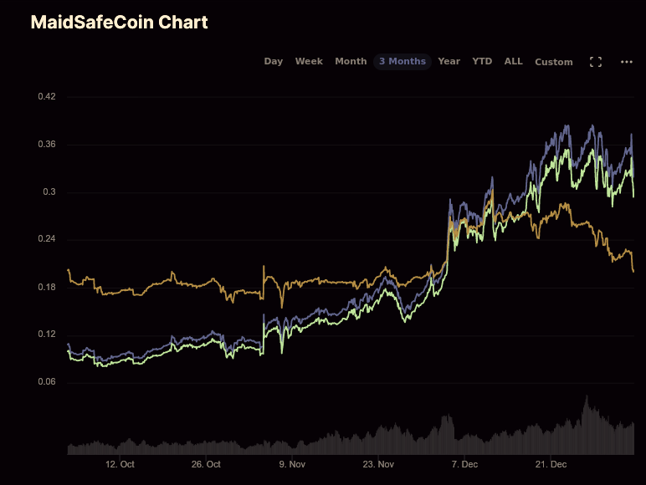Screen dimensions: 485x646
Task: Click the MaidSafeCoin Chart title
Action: coord(119,23)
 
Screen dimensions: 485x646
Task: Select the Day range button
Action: coord(274,61)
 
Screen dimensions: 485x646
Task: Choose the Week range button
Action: coord(309,61)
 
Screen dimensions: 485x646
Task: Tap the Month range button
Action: coord(351,61)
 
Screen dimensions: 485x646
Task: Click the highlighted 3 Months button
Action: coord(402,61)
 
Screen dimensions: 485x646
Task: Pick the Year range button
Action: coord(449,61)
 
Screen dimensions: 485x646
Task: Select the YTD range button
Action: coord(482,61)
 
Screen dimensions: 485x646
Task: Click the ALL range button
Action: coord(513,61)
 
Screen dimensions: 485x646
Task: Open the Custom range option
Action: coord(554,62)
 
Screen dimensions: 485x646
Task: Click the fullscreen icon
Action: coord(596,62)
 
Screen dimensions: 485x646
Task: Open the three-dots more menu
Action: coord(627,62)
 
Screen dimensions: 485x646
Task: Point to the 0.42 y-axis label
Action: coord(47,97)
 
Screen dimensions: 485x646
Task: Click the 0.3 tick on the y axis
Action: coord(49,192)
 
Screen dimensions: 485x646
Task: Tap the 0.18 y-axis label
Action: coord(47,288)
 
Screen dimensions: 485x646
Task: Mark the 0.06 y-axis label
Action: coord(47,382)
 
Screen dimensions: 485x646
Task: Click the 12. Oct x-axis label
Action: coord(120,464)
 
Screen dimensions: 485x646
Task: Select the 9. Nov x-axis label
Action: coord(293,464)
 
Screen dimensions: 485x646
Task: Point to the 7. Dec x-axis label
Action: coord(464,464)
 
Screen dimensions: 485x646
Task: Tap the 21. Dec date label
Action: coord(551,464)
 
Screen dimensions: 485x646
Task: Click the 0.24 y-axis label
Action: coord(47,240)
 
